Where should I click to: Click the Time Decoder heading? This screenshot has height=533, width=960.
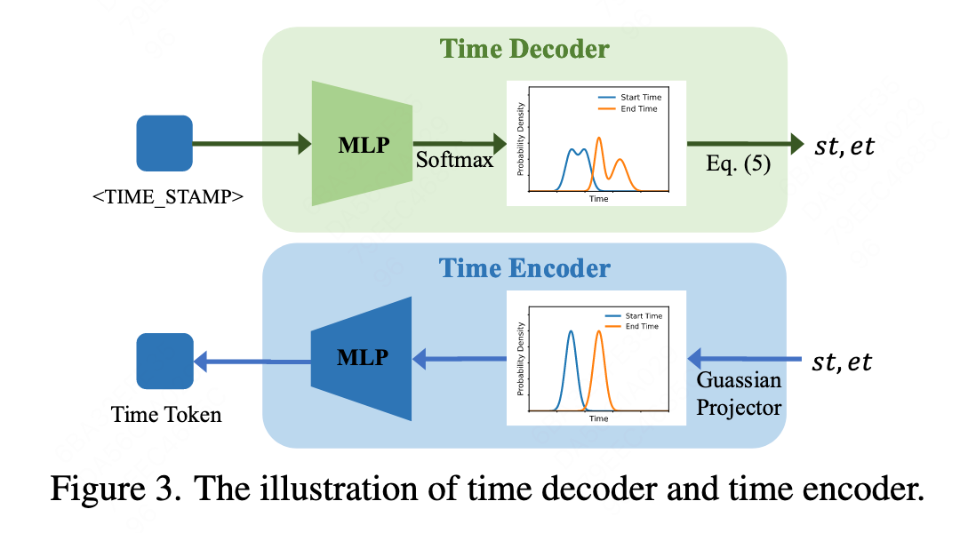click(524, 49)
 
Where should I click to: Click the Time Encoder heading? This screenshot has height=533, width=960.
click(524, 268)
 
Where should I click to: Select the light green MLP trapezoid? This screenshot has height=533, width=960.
click(362, 144)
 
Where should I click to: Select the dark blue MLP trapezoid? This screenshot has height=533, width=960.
click(361, 359)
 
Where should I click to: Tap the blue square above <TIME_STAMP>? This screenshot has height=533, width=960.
click(164, 143)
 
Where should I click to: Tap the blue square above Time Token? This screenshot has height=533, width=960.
click(164, 361)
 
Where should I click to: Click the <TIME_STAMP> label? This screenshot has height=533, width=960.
click(168, 197)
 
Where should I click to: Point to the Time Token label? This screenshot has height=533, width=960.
click(166, 415)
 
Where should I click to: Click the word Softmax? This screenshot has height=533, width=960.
click(454, 160)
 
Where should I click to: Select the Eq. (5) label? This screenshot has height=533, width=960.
click(739, 164)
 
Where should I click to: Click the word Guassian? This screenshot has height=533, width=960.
click(739, 380)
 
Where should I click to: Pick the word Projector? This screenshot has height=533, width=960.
click(739, 408)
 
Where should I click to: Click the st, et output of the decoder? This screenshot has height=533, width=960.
click(844, 147)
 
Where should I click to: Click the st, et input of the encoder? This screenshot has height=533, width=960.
click(842, 362)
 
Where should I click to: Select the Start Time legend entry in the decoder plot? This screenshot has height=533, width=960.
click(630, 98)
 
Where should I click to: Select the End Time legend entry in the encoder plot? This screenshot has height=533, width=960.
click(632, 326)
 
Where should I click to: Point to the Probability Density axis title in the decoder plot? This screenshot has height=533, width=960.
click(520, 139)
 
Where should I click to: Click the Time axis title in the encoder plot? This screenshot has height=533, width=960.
click(599, 418)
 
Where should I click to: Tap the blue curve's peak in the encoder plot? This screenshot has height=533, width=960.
click(572, 331)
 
